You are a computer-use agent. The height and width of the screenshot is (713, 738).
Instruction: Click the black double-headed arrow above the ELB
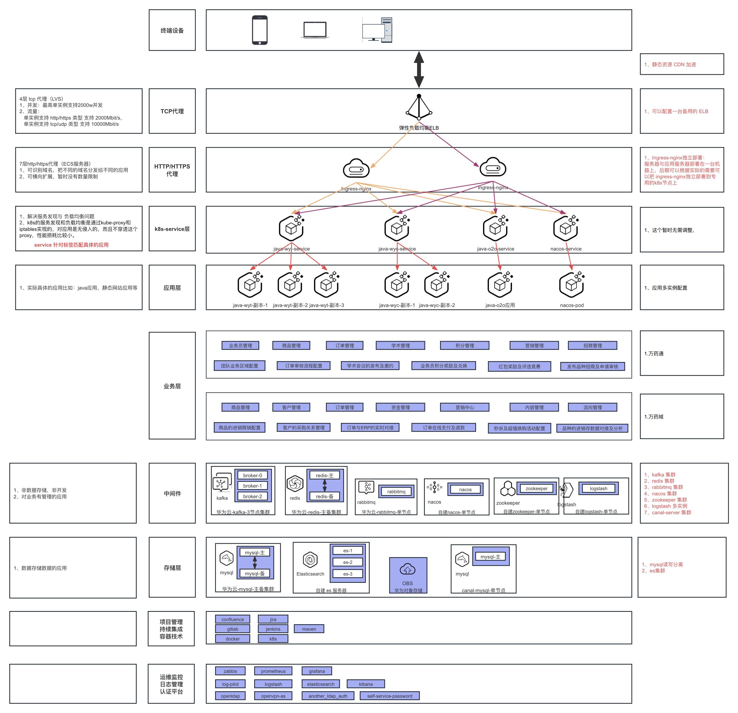click(419, 70)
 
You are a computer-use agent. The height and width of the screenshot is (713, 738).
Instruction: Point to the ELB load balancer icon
click(419, 108)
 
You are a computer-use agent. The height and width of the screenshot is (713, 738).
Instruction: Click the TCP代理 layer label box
click(172, 111)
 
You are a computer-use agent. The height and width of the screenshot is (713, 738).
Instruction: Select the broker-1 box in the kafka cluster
click(253, 486)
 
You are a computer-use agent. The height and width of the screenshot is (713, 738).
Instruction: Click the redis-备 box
click(325, 496)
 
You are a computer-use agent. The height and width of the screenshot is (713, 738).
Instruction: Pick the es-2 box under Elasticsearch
click(348, 562)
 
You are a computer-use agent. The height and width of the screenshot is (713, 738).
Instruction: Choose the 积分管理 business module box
click(465, 345)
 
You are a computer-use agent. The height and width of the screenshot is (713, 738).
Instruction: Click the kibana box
click(366, 684)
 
